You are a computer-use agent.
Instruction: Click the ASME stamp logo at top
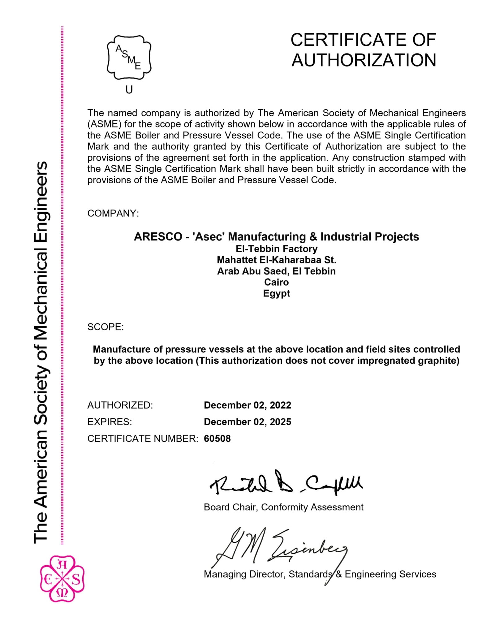(x=129, y=58)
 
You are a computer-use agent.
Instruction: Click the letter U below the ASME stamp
(x=129, y=90)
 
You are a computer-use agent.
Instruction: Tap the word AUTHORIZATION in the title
(x=364, y=60)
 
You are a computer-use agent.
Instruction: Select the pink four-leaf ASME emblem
(x=62, y=579)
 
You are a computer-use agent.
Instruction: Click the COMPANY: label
(x=113, y=213)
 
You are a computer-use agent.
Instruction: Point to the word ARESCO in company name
(x=158, y=237)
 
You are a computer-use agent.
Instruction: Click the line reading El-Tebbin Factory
(x=276, y=249)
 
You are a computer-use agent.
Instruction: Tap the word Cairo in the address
(x=276, y=282)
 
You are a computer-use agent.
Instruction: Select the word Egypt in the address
(x=276, y=293)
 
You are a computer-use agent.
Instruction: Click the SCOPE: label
(x=105, y=327)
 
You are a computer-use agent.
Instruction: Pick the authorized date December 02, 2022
(x=247, y=405)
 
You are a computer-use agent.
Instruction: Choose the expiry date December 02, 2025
(x=247, y=422)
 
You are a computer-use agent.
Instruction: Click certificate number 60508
(x=217, y=439)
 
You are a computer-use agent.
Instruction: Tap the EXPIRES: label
(x=110, y=422)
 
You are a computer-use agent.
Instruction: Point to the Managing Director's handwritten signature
(x=278, y=548)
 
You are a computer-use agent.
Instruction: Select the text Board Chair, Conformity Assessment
(x=283, y=507)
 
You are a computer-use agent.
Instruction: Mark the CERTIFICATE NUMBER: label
(x=143, y=439)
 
